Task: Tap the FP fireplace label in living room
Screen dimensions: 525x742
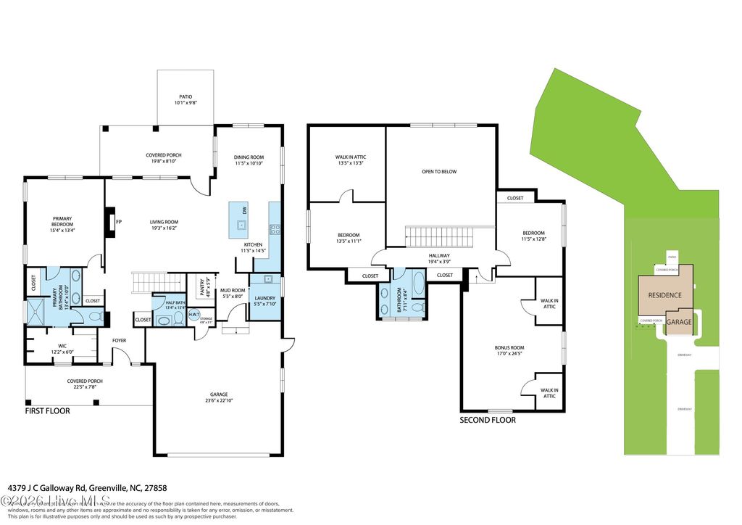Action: point(118,222)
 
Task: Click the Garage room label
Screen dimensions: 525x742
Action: point(214,394)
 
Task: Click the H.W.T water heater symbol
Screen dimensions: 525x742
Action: point(194,314)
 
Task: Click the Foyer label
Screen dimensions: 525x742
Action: point(120,339)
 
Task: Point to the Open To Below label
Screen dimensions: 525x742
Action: point(439,172)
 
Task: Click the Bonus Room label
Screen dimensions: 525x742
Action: point(509,348)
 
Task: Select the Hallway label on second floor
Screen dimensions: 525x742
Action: point(439,256)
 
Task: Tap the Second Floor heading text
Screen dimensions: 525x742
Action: point(488,420)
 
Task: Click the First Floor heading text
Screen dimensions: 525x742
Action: point(48,410)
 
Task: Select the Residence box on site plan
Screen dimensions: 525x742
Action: point(664,295)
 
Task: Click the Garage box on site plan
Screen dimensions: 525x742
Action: point(680,322)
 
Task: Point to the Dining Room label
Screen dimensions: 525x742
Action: point(248,157)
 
